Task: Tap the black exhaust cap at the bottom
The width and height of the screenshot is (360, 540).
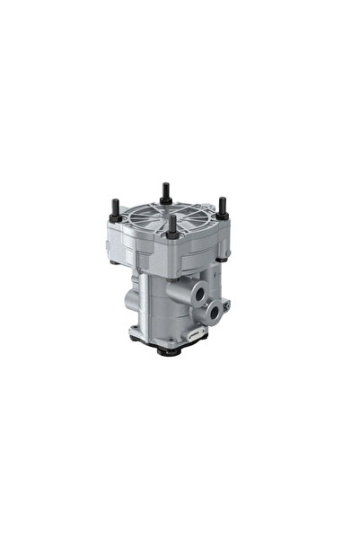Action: pos(168,351)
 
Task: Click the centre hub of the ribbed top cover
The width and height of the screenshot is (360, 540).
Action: pos(172,216)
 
